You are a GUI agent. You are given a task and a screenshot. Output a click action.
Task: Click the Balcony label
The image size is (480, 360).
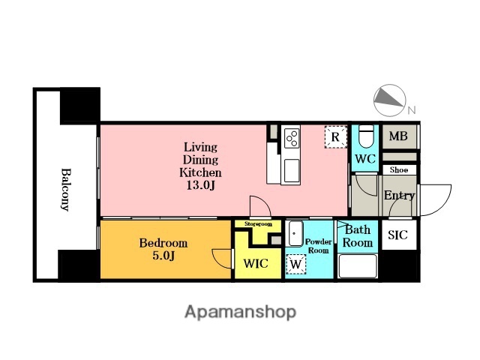65,190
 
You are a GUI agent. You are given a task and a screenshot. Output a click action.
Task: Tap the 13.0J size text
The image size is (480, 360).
200,185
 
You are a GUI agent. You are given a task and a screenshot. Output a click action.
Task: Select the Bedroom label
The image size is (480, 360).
163,243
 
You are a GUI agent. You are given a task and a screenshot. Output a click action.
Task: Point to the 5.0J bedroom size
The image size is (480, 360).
163,256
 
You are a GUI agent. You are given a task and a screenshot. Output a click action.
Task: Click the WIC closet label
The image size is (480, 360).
256,263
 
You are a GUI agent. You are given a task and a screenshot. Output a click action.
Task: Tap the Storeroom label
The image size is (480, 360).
258,224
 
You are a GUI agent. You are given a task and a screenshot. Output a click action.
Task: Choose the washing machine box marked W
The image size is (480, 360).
295,264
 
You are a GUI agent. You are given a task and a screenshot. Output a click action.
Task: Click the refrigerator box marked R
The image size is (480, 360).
335,136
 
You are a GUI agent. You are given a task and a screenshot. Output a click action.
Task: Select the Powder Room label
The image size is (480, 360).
318,246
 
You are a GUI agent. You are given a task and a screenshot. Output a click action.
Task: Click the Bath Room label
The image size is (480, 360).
358,236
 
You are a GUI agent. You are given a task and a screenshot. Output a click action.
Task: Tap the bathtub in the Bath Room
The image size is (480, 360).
358,265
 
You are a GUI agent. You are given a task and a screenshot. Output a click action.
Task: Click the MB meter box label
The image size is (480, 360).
398,136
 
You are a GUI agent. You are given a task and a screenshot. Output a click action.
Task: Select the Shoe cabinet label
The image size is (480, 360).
399,170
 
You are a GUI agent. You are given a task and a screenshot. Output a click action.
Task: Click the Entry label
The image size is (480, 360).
399,195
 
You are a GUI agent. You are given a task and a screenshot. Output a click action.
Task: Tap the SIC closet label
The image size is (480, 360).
397,235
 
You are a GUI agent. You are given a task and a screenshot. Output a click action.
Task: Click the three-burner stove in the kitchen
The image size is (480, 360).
292,138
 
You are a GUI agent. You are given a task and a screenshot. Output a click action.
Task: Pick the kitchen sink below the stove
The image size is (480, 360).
292,170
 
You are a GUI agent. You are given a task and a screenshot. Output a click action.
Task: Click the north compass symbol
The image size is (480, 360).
390,100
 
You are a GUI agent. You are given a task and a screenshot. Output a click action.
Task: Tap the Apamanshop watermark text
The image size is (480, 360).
240,312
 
